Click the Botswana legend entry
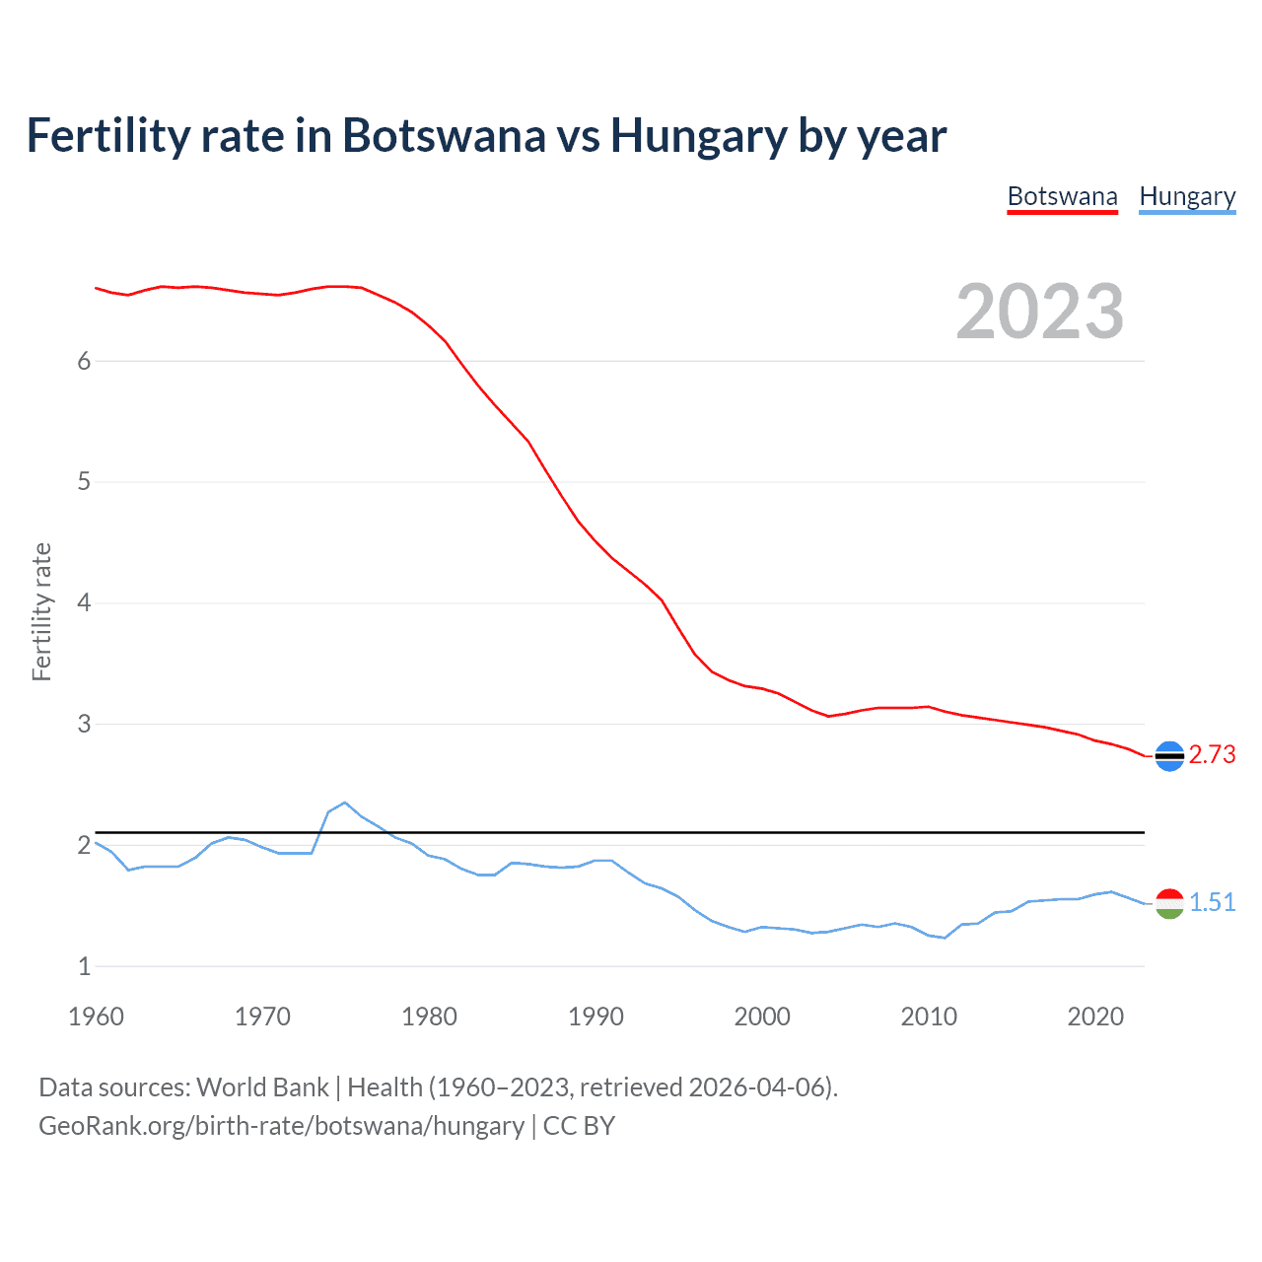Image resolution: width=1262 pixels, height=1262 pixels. point(1062,197)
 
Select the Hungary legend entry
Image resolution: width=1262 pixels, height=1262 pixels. point(1187,197)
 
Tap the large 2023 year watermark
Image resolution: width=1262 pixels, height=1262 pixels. point(1039,312)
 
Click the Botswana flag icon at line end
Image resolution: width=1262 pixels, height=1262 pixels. point(1169,756)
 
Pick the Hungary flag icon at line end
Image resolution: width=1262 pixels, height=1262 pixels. point(1169,903)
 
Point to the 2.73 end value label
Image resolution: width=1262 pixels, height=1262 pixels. point(1212,755)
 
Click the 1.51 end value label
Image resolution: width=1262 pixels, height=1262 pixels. point(1212,903)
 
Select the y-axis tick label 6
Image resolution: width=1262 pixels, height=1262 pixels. point(84,361)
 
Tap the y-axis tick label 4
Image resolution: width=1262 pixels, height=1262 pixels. point(84,603)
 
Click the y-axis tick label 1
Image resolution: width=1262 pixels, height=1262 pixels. point(84,966)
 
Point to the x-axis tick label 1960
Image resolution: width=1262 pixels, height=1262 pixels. point(96,1017)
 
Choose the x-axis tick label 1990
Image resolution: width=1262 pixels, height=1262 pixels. point(596,1017)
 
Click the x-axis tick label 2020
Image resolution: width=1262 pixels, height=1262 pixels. point(1095,1017)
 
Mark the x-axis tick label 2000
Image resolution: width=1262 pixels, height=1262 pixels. point(762,1017)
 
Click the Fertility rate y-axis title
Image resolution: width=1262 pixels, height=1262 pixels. point(41,611)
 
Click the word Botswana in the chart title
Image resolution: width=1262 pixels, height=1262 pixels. point(443,136)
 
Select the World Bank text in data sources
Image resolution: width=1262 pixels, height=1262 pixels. point(262,1087)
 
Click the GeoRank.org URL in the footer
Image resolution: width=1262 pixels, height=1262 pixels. point(281,1126)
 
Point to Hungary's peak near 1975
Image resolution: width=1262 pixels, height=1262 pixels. point(344,803)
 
